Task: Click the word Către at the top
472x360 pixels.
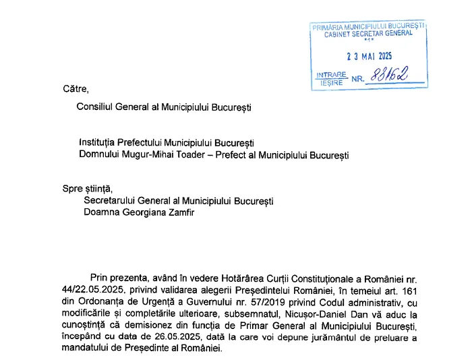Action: click(76, 88)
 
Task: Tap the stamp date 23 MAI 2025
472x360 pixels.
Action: click(368, 56)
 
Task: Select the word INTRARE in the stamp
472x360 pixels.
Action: click(331, 74)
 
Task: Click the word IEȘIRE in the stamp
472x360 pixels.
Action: click(328, 83)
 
